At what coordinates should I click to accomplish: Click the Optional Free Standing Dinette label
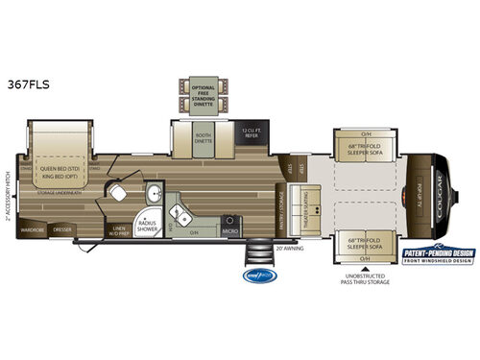click(202, 91)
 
